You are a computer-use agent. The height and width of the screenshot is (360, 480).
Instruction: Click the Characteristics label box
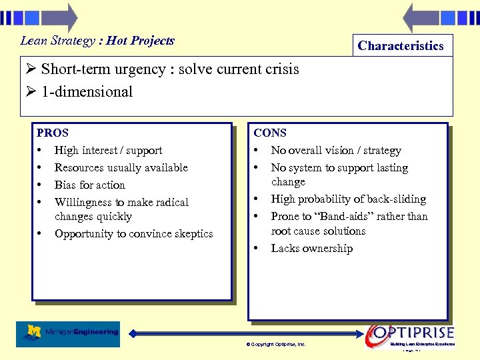(400, 45)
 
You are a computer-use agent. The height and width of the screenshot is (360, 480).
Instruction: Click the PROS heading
(53, 133)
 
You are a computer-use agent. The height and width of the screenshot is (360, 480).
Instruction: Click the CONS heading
(270, 133)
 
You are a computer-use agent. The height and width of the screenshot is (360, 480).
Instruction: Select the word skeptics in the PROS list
(192, 234)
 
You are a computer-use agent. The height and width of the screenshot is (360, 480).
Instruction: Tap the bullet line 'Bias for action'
(89, 185)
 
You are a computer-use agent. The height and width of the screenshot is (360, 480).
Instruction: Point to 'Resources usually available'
(121, 167)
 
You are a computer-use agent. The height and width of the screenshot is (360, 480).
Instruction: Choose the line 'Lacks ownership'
(311, 249)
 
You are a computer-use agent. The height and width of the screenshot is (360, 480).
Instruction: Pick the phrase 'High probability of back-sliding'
(348, 199)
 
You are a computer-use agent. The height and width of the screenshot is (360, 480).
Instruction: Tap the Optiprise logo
(412, 333)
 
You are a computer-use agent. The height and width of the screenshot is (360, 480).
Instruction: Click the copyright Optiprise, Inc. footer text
(276, 345)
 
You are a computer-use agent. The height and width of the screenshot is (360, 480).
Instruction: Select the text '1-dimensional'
(87, 92)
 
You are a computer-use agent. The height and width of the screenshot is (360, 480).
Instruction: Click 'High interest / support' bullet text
(108, 150)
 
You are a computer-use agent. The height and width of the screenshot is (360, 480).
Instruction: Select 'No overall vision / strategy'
(336, 150)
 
